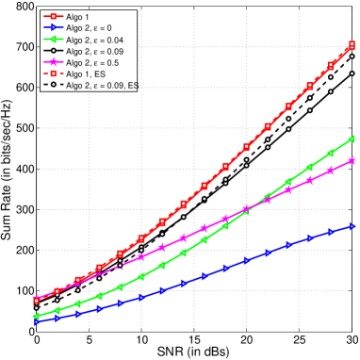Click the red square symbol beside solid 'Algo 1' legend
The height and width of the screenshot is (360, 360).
[54, 17]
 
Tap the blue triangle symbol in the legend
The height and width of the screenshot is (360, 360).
[54, 28]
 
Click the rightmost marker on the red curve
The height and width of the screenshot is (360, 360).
[352, 45]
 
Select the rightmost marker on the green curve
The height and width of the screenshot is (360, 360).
[352, 139]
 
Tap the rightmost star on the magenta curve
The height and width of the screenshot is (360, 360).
[352, 161]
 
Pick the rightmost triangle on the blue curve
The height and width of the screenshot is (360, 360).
[352, 226]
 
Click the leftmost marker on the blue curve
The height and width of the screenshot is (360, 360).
[36, 321]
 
